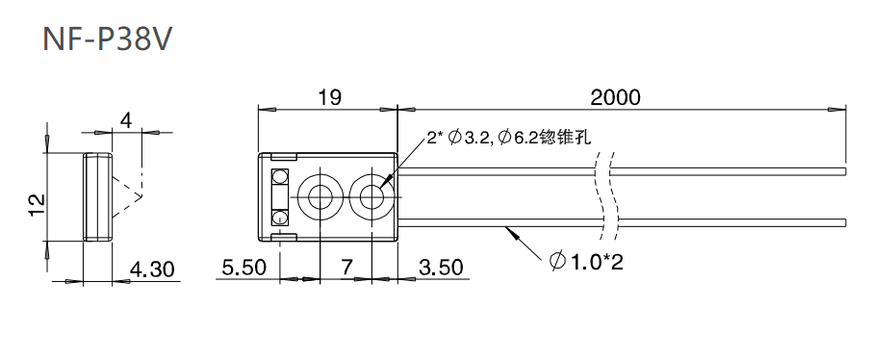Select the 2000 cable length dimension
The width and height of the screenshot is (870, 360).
pos(615,97)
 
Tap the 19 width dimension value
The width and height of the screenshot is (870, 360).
pos(329,97)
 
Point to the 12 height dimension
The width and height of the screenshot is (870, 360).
pos(36,204)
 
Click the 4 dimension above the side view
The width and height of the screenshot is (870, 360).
pos(125,120)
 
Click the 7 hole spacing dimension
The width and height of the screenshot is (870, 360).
pos(344,270)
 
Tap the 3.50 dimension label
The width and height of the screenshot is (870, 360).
pos(441,270)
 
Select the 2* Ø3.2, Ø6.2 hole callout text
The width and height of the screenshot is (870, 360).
pos(508,140)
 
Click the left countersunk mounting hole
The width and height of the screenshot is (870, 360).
pos(319,196)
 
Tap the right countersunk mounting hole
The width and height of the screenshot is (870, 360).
pos(371,196)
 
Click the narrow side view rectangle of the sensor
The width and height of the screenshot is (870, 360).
pos(97,196)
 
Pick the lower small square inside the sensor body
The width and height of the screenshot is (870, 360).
pos(281,216)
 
